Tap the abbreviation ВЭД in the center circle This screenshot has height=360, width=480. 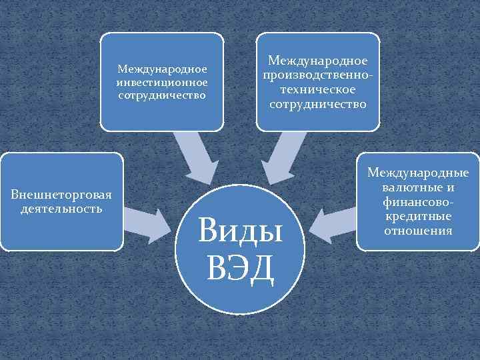pos(241,268)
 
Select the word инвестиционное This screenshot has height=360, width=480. pos(162,82)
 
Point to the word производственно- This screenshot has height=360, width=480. pos(318,75)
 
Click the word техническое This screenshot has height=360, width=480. pos(318,90)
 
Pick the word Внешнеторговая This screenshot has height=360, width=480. pos(61,195)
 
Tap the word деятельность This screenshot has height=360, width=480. pos(61,209)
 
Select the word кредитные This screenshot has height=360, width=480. pos(418,217)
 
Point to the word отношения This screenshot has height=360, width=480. pos(418,231)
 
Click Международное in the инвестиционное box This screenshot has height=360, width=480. pos(162,69)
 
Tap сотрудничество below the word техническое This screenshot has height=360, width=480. pos(318,105)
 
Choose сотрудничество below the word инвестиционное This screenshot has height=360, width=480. pos(162,95)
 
